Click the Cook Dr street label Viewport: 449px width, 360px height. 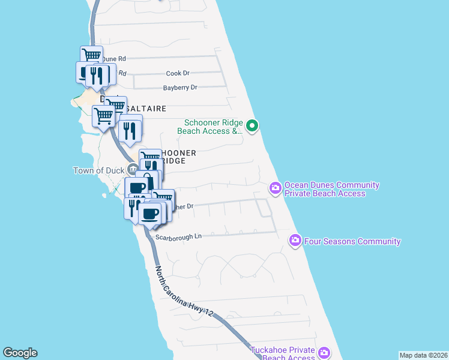click(x=177, y=73)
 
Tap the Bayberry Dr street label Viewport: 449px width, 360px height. click(x=180, y=88)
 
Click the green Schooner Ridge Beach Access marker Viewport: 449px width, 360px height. click(x=253, y=125)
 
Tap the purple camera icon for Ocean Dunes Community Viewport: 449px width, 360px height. click(x=276, y=188)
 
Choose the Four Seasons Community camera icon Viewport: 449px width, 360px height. click(x=295, y=241)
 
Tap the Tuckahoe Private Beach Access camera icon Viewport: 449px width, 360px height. click(x=324, y=352)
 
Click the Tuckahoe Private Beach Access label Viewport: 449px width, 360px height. click(x=283, y=353)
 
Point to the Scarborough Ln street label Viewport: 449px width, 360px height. click(x=178, y=236)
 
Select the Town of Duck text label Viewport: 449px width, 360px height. click(x=98, y=170)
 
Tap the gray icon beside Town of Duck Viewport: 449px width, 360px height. click(x=131, y=170)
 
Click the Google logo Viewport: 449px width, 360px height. click(x=20, y=353)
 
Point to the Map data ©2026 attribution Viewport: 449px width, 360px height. click(x=423, y=355)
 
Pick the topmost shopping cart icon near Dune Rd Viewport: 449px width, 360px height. click(x=91, y=56)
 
